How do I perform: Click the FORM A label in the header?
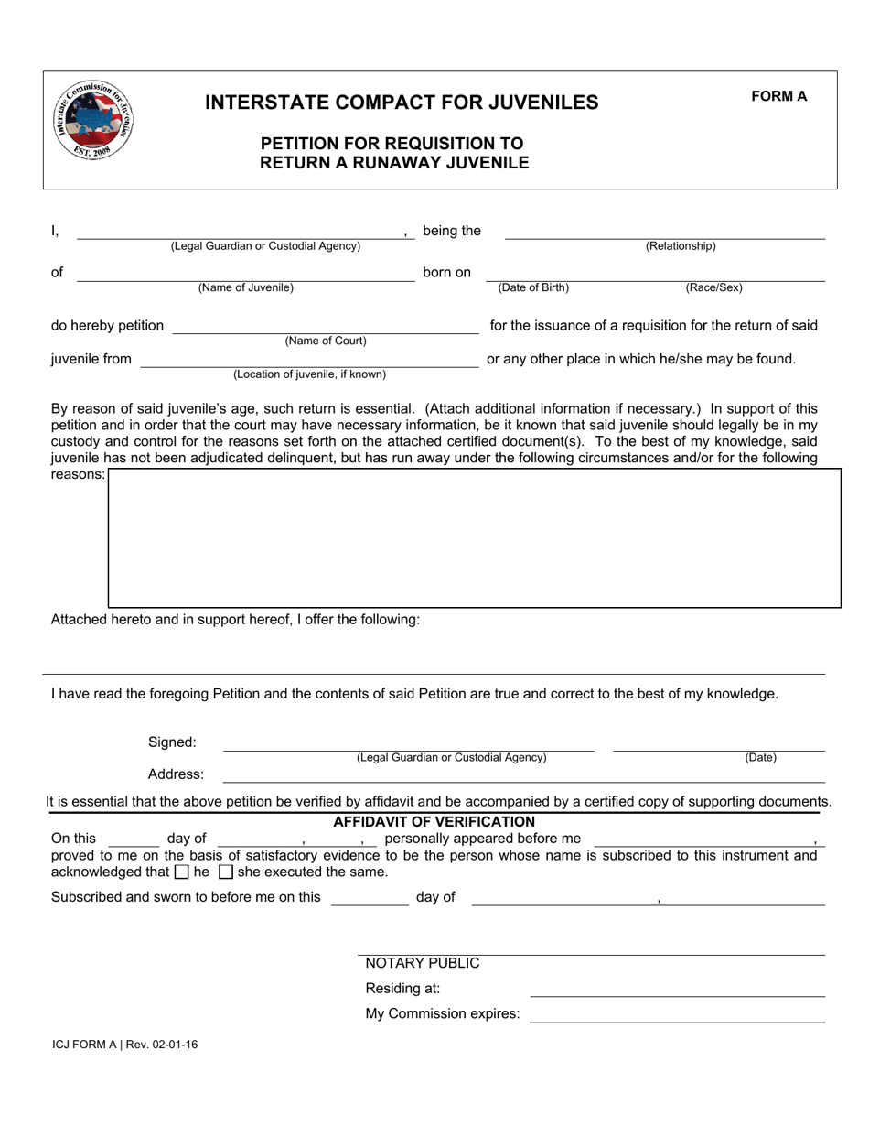[778, 96]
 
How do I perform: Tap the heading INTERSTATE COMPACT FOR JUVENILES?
[402, 103]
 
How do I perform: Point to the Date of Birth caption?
[533, 287]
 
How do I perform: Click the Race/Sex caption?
[713, 287]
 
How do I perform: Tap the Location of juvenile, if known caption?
[309, 374]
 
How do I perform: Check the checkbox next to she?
[226, 872]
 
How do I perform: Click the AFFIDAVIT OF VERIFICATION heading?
[434, 822]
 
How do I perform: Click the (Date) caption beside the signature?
[760, 758]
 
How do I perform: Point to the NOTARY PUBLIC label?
[422, 963]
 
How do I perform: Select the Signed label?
[172, 742]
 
